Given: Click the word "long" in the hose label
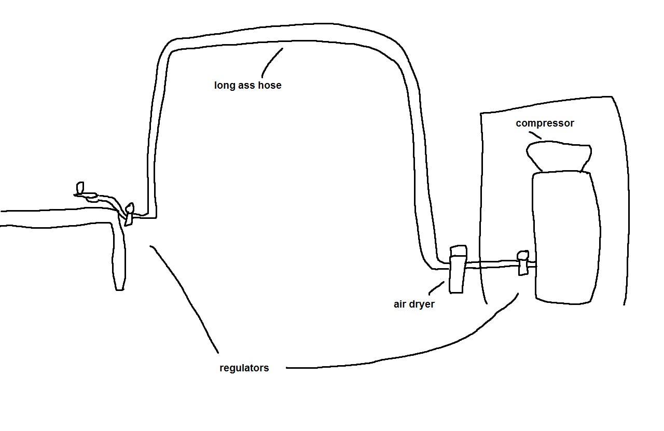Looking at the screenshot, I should pos(224,86).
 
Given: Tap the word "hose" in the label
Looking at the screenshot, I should pos(270,85).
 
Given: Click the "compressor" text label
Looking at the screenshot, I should pos(545,123).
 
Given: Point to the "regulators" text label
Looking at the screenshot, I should pos(244,368).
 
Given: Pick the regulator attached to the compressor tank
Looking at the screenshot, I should pos(522,262).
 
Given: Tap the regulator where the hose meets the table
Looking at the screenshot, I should pos(129,214).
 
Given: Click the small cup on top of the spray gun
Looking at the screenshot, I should pos(80,187).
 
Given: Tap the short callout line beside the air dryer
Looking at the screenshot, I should pos(436,288).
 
